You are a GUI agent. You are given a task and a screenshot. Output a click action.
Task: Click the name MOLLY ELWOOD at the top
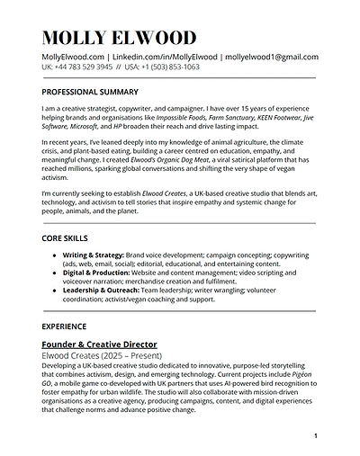[x=118, y=38]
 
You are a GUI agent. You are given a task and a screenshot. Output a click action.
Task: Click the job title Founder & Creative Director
[x=99, y=344]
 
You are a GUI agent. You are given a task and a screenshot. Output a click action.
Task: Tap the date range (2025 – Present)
[x=127, y=356]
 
